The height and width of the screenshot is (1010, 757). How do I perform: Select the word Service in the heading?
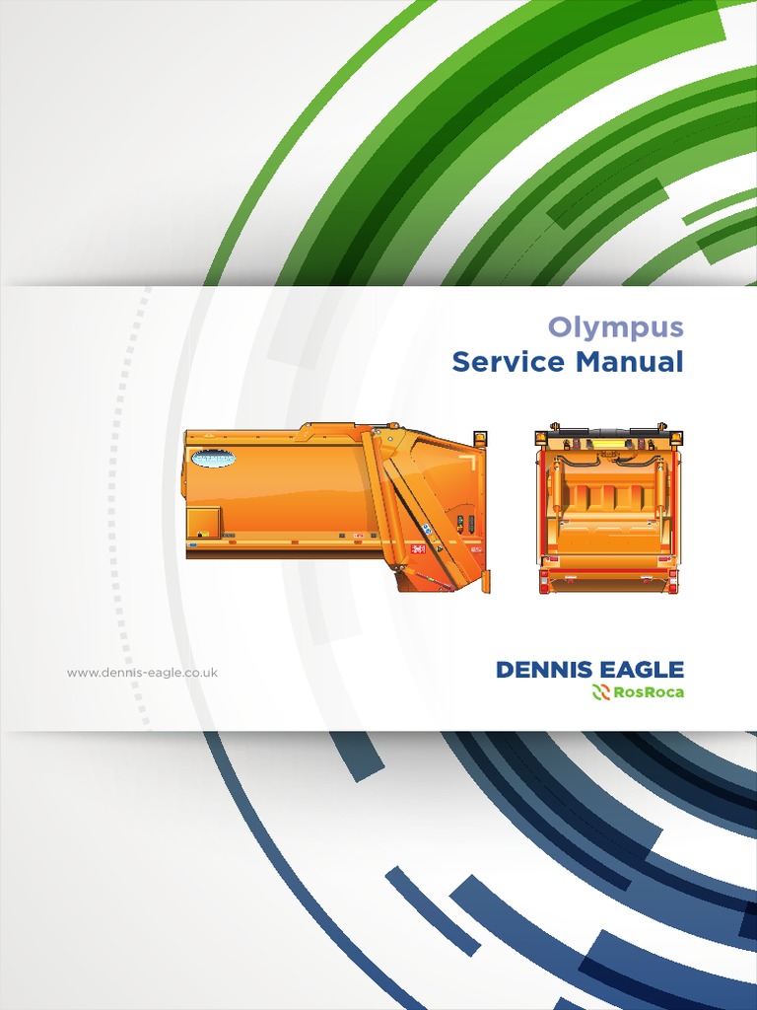[x=510, y=362]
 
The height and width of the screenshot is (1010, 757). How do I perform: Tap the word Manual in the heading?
[x=630, y=362]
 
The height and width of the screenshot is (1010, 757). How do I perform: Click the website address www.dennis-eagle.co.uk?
[x=142, y=673]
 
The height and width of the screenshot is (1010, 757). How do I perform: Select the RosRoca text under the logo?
[x=648, y=692]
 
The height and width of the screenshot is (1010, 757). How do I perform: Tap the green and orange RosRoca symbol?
[x=600, y=692]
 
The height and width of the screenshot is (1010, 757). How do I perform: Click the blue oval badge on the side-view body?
[x=213, y=458]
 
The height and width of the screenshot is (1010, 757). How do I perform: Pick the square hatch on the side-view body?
[x=204, y=521]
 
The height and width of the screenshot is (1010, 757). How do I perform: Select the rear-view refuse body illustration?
[x=608, y=509]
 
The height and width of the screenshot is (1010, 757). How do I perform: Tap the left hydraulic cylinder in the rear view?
[x=556, y=488]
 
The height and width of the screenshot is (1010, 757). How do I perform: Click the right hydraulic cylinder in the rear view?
[x=661, y=488]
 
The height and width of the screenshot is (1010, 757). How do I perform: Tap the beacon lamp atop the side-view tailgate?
[x=480, y=439]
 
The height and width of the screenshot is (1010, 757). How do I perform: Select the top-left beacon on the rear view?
[x=541, y=438]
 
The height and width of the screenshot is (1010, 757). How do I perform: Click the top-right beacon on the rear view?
[x=676, y=438]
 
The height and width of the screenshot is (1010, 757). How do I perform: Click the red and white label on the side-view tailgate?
[x=418, y=547]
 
